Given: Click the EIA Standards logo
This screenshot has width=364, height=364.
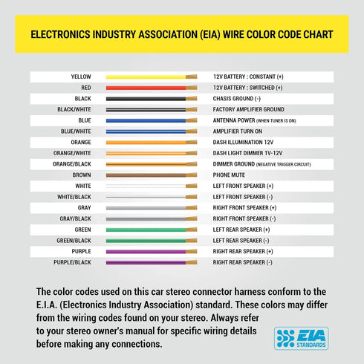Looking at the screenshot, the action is [301, 338].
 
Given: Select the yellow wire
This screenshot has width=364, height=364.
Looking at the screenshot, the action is [152, 77].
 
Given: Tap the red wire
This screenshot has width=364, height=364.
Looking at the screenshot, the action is [152, 88].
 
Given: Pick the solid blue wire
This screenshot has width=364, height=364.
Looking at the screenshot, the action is [152, 120].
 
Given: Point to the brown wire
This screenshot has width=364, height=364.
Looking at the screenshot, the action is [152, 175].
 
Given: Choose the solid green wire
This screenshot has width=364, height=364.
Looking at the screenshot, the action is [152, 230].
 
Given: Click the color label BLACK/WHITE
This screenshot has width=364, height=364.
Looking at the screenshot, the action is [74, 109].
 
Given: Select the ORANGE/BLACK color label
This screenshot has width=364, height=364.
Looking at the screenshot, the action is [72, 164].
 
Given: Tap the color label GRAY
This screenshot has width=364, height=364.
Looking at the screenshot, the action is [85, 208].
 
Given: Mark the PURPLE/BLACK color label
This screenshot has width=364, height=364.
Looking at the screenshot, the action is [72, 262].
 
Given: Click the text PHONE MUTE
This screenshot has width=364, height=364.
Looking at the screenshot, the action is [229, 175].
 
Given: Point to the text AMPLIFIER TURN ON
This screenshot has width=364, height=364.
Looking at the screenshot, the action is [238, 131].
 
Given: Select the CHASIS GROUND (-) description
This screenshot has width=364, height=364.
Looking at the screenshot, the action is [237, 99].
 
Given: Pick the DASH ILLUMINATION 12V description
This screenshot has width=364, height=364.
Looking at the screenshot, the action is [243, 143].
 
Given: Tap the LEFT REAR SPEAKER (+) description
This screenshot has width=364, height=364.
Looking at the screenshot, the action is [241, 230].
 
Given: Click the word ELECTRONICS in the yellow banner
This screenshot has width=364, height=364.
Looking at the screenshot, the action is [60, 34].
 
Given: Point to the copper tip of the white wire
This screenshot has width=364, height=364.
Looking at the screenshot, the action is [192, 186].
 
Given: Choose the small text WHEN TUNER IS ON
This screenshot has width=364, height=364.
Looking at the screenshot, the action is [276, 121].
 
